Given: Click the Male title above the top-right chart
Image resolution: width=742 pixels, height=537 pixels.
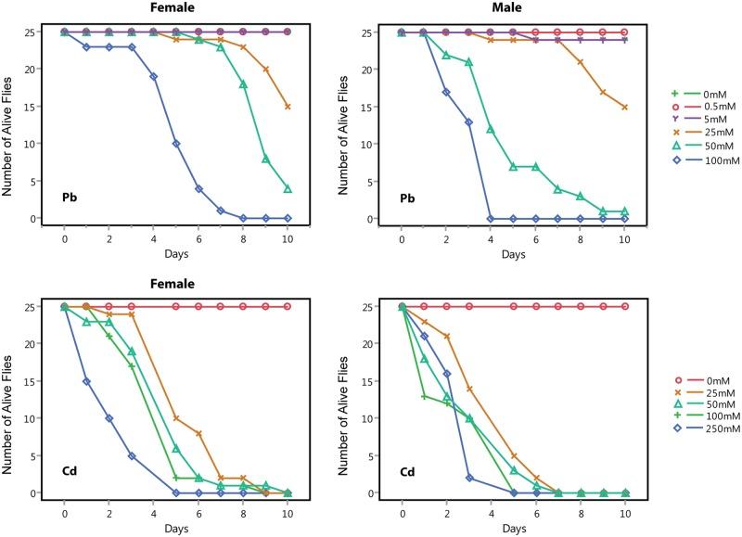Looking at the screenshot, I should tap(514, 8).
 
